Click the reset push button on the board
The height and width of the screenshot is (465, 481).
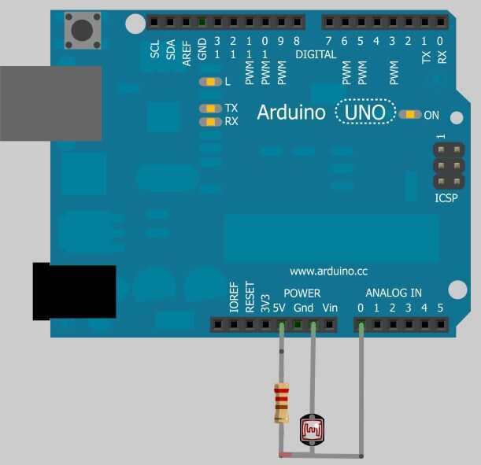pyautogui.click(x=82, y=31)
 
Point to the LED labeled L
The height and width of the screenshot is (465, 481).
pyautogui.click(x=210, y=82)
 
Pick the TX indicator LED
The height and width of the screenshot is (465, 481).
pyautogui.click(x=210, y=109)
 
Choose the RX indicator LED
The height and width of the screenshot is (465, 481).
pyautogui.click(x=210, y=122)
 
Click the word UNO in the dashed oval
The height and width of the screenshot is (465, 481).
pyautogui.click(x=366, y=113)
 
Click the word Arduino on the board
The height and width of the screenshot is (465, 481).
pyautogui.click(x=290, y=113)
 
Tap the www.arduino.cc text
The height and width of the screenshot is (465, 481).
pyautogui.click(x=328, y=271)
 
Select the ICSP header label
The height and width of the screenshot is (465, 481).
pyautogui.click(x=446, y=198)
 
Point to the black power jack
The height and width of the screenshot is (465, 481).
pyautogui.click(x=74, y=291)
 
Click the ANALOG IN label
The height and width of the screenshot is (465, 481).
pyautogui.click(x=394, y=293)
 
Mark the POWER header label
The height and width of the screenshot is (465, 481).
pyautogui.click(x=302, y=293)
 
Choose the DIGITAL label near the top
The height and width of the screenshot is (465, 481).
pyautogui.click(x=316, y=55)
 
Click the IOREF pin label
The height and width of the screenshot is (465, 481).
pyautogui.click(x=234, y=298)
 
